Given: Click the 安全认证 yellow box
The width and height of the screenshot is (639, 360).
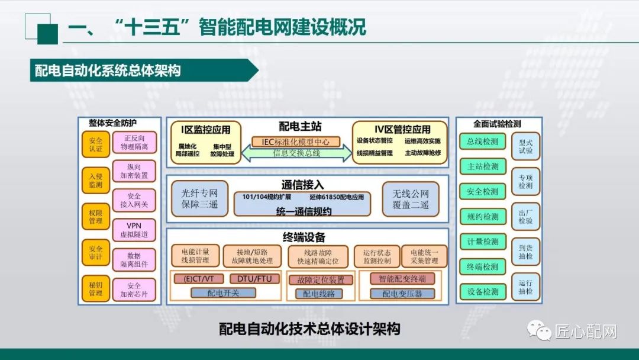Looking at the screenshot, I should pyautogui.click(x=96, y=144).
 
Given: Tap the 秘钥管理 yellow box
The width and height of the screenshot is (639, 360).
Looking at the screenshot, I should pyautogui.click(x=96, y=288).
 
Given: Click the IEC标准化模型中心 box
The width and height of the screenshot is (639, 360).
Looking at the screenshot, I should pyautogui.click(x=296, y=142).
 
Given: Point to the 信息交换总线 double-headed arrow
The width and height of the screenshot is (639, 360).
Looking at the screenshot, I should pyautogui.click(x=296, y=153).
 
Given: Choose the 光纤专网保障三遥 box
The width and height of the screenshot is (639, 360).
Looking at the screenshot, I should pyautogui.click(x=199, y=199).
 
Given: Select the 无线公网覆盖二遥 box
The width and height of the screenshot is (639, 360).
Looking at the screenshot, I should pyautogui.click(x=410, y=199).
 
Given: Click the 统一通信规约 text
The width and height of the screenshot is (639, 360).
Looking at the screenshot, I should pyautogui.click(x=304, y=211).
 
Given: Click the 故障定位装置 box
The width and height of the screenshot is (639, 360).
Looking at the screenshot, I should pyautogui.click(x=320, y=280).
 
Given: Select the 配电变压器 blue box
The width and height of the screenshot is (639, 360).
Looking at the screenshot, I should pyautogui.click(x=402, y=294).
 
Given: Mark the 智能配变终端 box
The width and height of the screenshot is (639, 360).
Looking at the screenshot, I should pyautogui.click(x=402, y=279).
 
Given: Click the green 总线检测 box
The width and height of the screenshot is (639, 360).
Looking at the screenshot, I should pyautogui.click(x=482, y=142).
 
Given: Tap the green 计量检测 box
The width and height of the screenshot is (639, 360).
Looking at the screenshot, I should pyautogui.click(x=482, y=242).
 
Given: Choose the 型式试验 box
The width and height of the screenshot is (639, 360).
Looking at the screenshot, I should pyautogui.click(x=525, y=147).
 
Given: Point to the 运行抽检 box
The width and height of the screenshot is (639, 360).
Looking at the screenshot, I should pyautogui.click(x=525, y=287).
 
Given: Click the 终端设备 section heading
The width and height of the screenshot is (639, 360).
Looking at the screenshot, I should pyautogui.click(x=304, y=237).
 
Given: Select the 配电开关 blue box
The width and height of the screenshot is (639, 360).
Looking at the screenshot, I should pyautogui.click(x=223, y=292).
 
